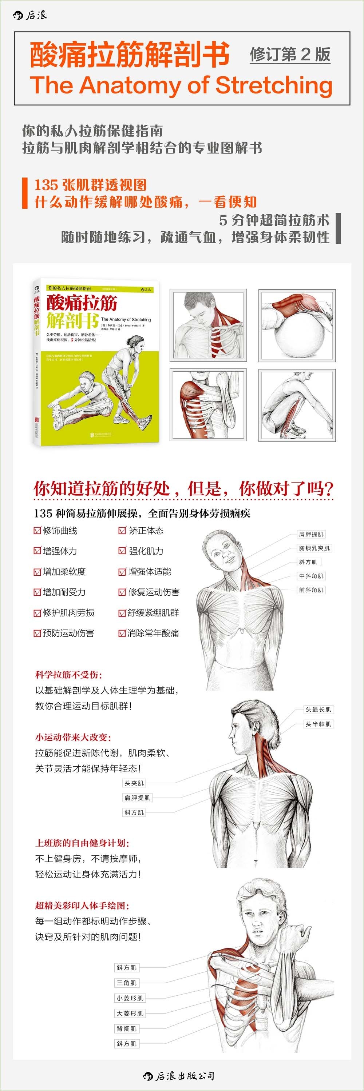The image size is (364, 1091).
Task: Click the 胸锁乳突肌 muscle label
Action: pyautogui.click(x=314, y=548)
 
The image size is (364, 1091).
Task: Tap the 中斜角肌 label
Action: pyautogui.click(x=311, y=576)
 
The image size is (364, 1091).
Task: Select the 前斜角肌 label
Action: pyautogui.click(x=311, y=590)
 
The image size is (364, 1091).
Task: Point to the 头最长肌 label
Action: pyautogui.click(x=318, y=710)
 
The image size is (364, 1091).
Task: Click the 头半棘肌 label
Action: pyautogui.click(x=318, y=724)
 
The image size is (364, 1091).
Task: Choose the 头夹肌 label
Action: pyautogui.click(x=134, y=783)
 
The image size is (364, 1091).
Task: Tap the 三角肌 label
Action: pyautogui.click(x=126, y=983)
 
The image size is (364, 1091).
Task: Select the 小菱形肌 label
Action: pyautogui.click(x=130, y=998)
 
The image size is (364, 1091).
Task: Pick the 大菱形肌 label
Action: pyautogui.click(x=130, y=1013)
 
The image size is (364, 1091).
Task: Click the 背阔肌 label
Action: pyautogui.click(x=126, y=1028)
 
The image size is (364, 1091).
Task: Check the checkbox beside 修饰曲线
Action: pyautogui.click(x=37, y=530)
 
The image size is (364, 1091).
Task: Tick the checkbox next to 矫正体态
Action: pyautogui.click(x=122, y=530)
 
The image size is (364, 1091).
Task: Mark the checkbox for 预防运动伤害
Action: pyautogui.click(x=37, y=633)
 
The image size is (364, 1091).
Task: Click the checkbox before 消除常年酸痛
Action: pyautogui.click(x=122, y=633)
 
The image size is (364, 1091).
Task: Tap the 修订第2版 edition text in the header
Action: pyautogui.click(x=290, y=55)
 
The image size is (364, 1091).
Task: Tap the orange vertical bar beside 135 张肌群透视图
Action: pyautogui.click(x=25, y=193)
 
